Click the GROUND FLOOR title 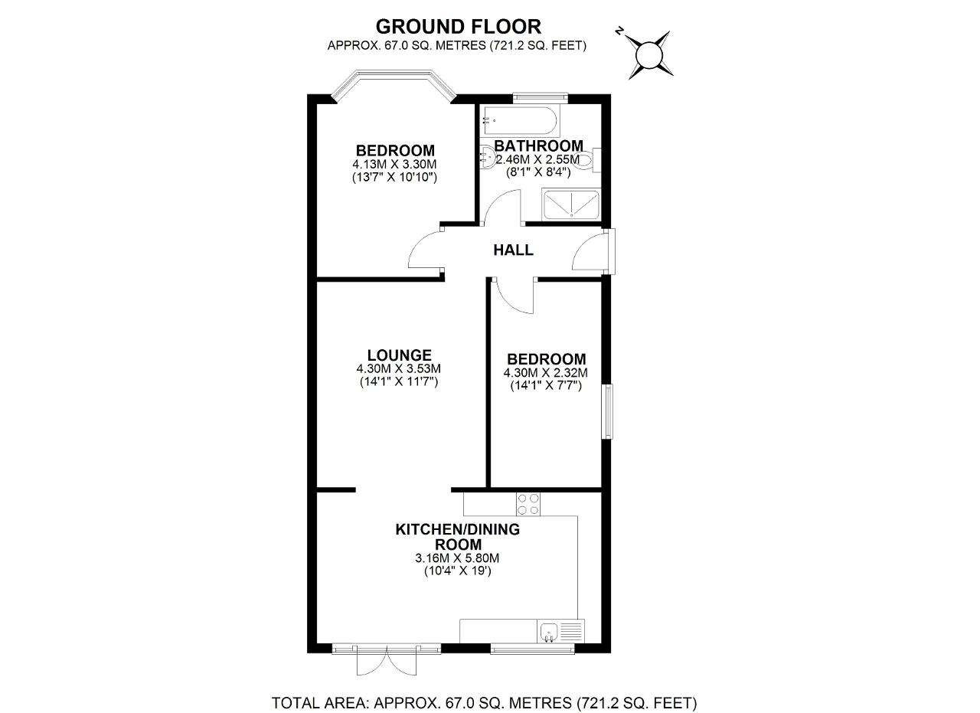click(458, 27)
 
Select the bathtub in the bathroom click(519, 121)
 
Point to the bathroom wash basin click(488, 156)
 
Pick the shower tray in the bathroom click(571, 204)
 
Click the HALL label click(513, 250)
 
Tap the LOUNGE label click(399, 355)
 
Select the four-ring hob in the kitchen click(528, 504)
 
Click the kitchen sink click(549, 632)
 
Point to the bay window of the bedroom click(394, 85)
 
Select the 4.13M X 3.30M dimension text click(394, 165)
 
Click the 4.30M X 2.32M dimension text click(546, 373)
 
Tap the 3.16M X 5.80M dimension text click(457, 558)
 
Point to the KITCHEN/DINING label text click(458, 529)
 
